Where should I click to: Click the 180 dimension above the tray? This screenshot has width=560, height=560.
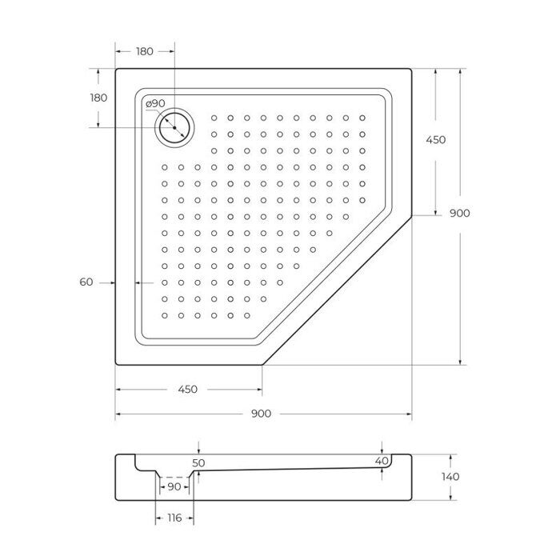144,51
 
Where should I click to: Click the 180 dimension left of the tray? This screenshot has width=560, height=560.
98,98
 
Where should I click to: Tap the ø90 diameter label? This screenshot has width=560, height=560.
155,104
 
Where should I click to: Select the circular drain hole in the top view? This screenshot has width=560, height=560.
174,127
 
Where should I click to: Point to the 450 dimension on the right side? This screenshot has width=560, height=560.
435,139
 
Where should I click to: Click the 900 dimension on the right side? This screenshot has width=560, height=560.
459,213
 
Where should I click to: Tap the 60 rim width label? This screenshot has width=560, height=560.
87,282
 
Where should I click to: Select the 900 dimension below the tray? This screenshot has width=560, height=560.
262,414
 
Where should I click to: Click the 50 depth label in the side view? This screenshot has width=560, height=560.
199,462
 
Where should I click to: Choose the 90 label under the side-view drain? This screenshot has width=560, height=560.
173,486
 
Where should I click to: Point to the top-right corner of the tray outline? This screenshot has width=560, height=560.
410,70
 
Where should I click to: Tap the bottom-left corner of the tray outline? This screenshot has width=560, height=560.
118,363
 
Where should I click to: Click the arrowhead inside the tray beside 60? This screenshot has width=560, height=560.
141,282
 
